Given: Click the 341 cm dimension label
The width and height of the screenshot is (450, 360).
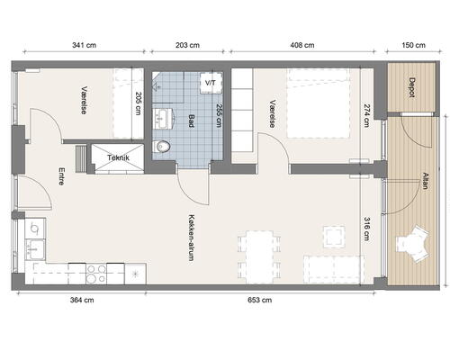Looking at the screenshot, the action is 84,45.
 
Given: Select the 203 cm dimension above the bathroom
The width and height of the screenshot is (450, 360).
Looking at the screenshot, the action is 187,45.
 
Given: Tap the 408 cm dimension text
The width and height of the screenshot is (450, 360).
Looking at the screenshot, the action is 302,45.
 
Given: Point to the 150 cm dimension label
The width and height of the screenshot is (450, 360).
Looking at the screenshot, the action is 413,45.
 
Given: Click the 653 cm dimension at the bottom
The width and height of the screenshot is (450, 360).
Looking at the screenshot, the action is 260,300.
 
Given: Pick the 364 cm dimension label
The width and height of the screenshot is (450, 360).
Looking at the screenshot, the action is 82,300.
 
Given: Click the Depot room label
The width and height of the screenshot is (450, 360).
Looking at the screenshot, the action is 412,87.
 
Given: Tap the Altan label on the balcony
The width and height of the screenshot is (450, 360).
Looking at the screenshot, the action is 425,181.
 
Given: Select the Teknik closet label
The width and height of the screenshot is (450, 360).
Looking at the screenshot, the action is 118,157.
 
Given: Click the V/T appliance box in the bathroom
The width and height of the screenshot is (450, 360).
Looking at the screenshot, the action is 211,83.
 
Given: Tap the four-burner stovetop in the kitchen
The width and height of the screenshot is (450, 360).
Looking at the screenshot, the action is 96,274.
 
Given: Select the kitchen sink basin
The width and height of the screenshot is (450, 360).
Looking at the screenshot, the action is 35,249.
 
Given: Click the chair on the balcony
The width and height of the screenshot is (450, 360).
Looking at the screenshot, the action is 413,245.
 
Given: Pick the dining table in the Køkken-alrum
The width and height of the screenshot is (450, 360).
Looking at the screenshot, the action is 260,257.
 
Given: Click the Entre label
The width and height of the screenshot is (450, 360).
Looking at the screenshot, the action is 61,176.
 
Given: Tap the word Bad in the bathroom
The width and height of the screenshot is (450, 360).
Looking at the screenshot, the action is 191,121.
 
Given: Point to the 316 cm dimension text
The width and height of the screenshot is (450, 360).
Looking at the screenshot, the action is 366,229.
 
